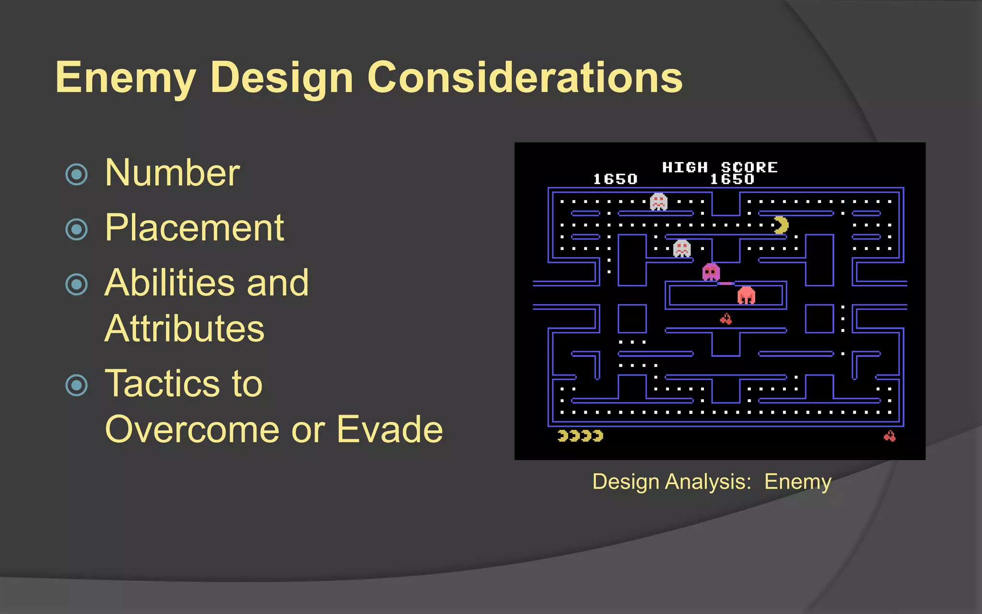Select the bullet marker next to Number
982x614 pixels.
click(77, 174)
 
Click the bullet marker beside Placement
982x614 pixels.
click(77, 229)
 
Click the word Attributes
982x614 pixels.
click(185, 329)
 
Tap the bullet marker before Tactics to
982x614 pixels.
click(77, 385)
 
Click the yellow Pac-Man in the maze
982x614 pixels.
click(781, 225)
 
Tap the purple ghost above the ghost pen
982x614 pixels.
click(711, 272)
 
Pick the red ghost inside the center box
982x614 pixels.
click(746, 295)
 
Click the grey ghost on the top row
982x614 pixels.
click(658, 201)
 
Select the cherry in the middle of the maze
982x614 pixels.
click(726, 319)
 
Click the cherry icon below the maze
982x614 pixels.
click(889, 436)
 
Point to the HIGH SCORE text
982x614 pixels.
click(719, 167)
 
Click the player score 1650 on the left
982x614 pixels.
click(615, 179)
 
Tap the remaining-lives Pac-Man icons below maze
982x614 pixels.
click(580, 436)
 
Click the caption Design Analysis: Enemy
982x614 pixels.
click(712, 482)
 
